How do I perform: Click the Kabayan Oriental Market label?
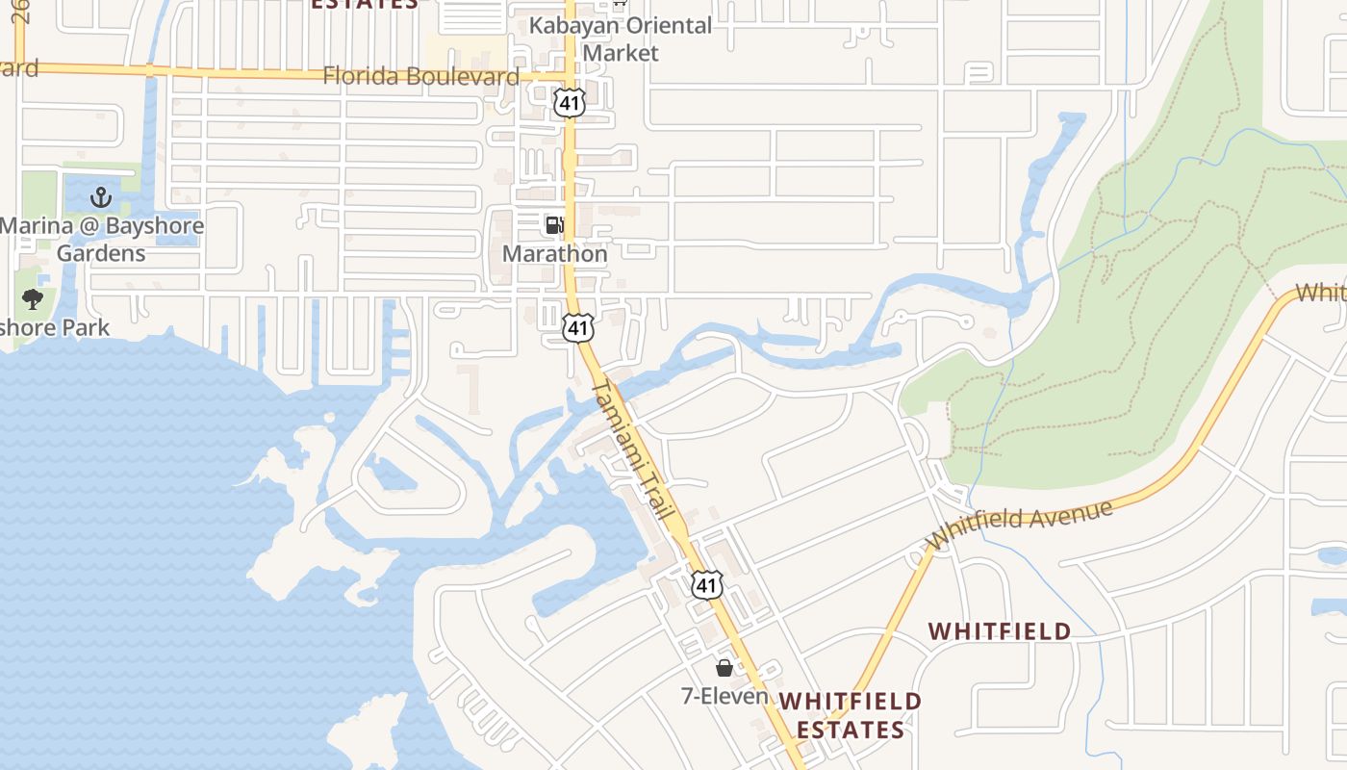click(x=621, y=38)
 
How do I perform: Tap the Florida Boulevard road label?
click(x=420, y=76)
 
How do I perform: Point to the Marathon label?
click(x=555, y=254)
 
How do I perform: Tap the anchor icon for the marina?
click(x=101, y=198)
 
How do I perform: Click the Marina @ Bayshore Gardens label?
click(x=101, y=240)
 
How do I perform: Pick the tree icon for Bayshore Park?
click(x=33, y=298)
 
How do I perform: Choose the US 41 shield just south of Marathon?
click(x=577, y=327)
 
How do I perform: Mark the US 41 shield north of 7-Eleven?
click(x=707, y=583)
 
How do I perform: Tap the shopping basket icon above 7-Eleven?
click(x=724, y=667)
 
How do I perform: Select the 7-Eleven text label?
click(x=724, y=696)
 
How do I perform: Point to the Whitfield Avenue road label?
click(x=1020, y=525)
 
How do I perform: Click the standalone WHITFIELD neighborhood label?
click(x=1000, y=631)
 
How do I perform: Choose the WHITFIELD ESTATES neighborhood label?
click(x=850, y=715)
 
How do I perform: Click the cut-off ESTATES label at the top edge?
click(x=365, y=4)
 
